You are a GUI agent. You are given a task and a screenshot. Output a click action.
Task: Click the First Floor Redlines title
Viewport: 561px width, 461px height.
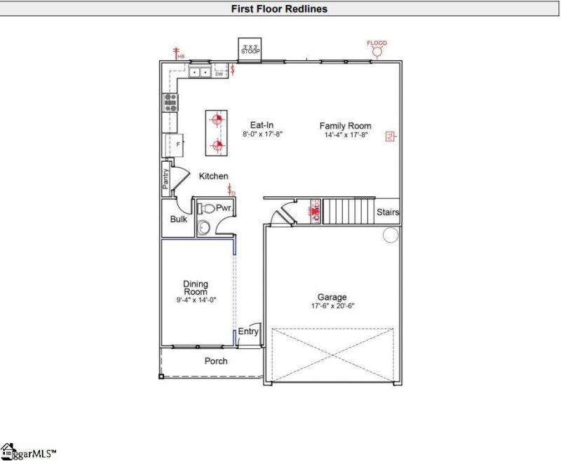click(280, 9)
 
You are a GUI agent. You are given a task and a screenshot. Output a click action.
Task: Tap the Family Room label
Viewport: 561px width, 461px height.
click(345, 126)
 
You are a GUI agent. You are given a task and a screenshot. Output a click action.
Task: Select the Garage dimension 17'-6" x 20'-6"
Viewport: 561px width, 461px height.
click(332, 306)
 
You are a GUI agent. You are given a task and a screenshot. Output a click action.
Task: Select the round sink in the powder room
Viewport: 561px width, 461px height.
click(204, 227)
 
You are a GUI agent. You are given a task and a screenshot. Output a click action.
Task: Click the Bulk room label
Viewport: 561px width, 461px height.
click(179, 219)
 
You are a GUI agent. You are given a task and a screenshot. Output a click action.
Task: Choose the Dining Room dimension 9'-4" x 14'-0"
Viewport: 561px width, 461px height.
click(196, 300)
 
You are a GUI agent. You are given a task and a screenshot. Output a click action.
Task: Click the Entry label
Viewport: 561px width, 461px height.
click(248, 331)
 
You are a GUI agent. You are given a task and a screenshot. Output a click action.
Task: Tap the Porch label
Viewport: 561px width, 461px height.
click(215, 362)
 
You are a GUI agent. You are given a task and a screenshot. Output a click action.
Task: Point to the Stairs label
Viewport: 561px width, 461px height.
click(388, 212)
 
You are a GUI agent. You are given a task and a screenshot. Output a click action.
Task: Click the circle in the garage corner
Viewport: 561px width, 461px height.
click(391, 235)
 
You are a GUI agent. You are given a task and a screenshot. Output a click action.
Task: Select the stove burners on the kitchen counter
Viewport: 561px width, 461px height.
click(170, 103)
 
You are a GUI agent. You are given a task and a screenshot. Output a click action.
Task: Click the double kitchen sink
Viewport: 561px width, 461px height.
click(199, 71)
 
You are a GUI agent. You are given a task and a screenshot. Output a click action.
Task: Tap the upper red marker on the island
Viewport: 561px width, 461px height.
click(217, 119)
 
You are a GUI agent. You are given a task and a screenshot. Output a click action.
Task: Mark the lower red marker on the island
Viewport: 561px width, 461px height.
click(217, 146)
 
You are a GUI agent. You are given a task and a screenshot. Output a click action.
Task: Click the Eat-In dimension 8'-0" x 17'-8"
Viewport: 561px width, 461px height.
click(262, 133)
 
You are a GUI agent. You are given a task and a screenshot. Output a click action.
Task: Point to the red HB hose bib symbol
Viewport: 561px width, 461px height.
click(177, 53)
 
